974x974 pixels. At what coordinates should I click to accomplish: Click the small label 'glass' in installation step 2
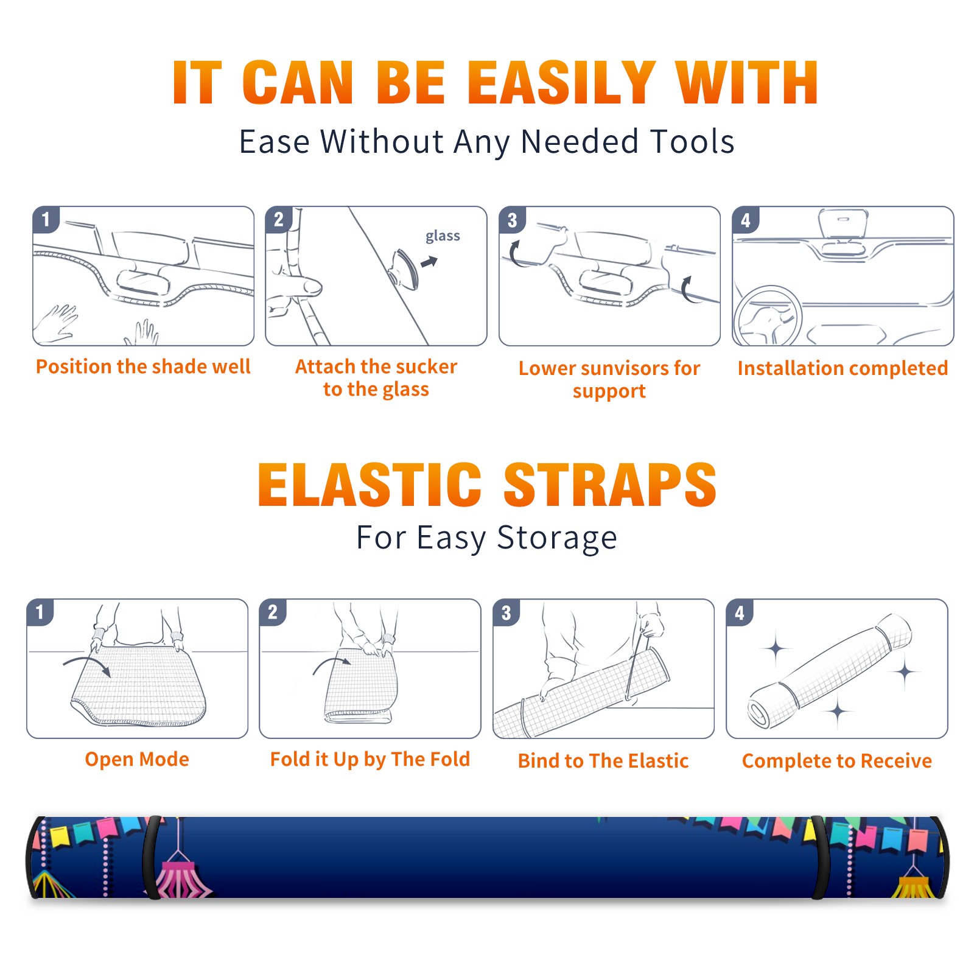point(443,236)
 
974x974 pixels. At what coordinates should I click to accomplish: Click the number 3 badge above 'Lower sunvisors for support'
point(512,220)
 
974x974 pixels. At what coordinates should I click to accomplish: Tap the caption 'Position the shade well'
point(143,366)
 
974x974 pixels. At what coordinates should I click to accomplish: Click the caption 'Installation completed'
point(843,368)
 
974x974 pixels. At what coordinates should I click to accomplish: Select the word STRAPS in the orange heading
point(610,485)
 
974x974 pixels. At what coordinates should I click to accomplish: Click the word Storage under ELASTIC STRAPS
point(557,538)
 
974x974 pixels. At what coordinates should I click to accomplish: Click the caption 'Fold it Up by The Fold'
point(370,759)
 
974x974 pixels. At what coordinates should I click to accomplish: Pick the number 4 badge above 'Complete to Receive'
point(739,612)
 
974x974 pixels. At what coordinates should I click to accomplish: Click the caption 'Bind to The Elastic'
point(603,761)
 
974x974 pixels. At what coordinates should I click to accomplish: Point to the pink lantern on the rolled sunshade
point(180,877)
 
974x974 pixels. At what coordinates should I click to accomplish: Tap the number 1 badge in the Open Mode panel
point(40,612)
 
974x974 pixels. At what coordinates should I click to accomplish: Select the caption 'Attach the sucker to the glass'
point(376,377)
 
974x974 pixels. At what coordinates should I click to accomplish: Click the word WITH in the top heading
point(747,83)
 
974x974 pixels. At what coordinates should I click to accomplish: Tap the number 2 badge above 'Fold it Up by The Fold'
point(273,612)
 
